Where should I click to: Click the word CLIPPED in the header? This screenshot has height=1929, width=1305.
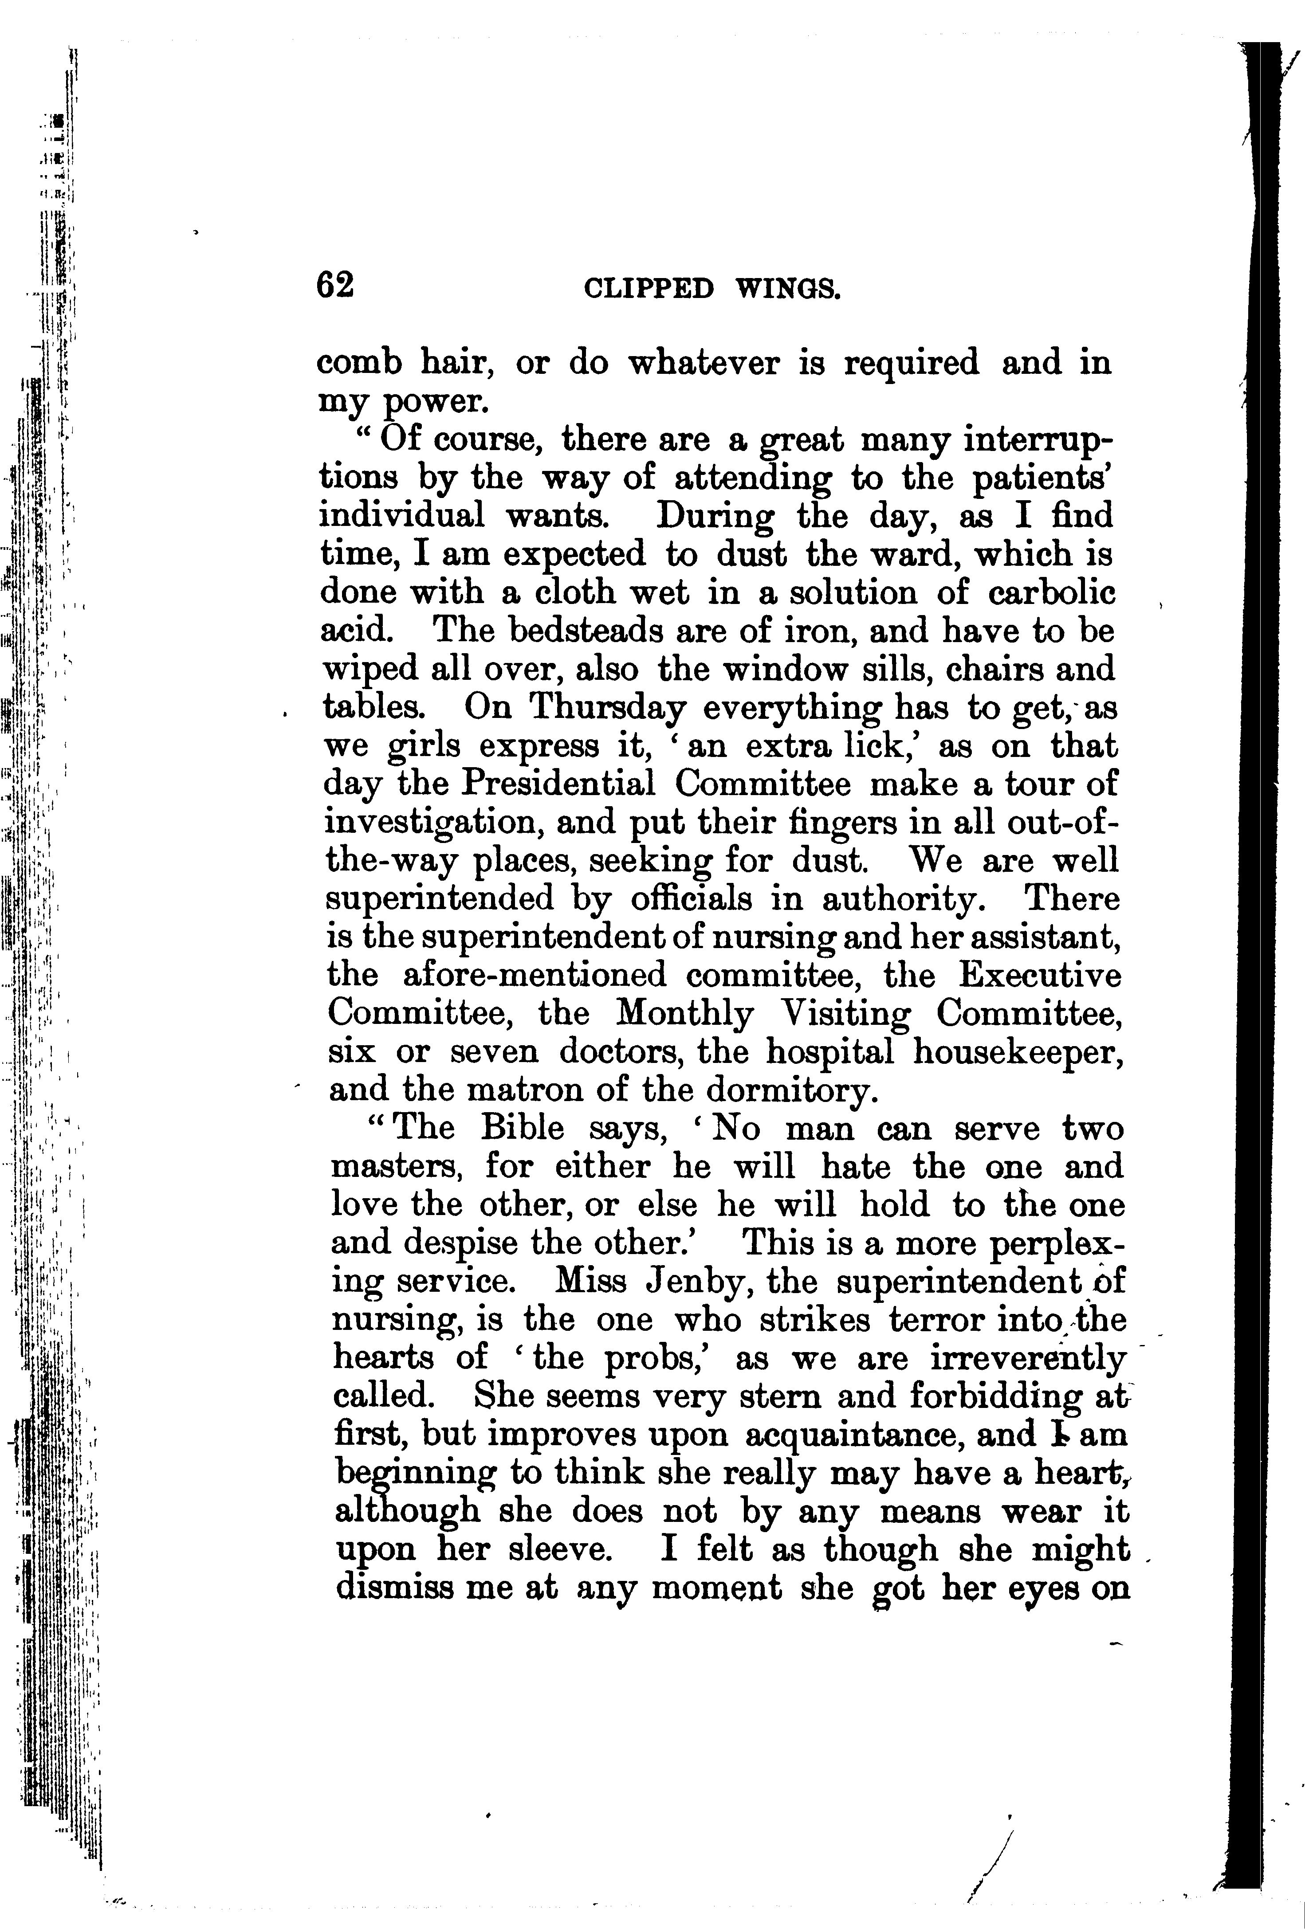tap(649, 288)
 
